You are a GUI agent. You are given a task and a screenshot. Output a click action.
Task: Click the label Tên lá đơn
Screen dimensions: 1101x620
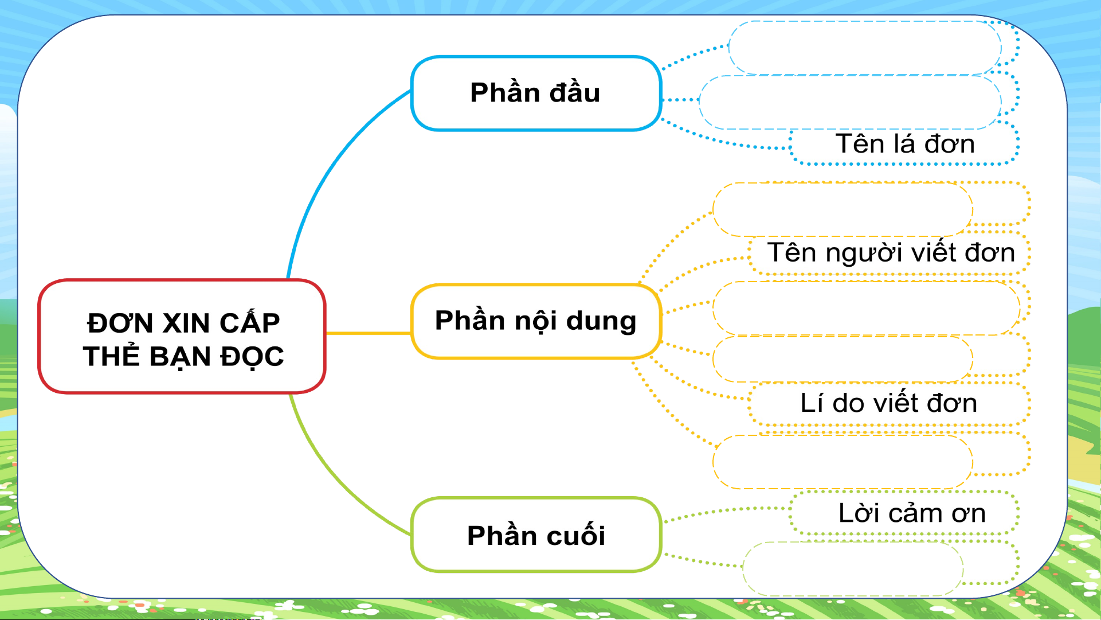905,143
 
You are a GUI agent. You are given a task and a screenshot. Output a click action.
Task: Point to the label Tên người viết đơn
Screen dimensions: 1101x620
891,252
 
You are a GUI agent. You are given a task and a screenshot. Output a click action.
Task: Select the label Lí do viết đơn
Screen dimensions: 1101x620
889,403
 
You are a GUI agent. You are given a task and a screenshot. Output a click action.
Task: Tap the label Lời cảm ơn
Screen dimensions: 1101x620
912,513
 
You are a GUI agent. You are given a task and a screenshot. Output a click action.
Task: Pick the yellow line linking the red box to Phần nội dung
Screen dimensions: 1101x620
369,333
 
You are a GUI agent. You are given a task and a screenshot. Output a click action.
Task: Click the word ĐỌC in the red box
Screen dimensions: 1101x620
253,357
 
